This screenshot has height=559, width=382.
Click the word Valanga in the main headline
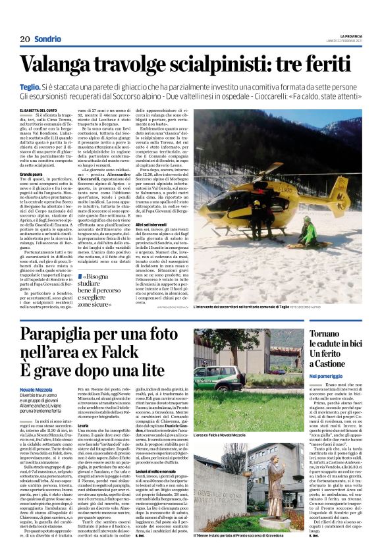point(64,65)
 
